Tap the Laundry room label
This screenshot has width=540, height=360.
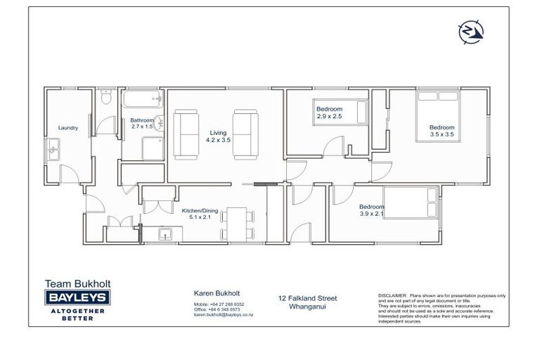67,128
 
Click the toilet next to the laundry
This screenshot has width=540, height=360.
106,98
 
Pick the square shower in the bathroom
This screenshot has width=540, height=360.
153,149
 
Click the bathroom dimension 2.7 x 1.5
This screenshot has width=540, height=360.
141,127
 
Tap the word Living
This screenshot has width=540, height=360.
218,132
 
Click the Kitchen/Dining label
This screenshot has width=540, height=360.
198,210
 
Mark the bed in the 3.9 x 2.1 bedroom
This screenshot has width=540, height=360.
411,203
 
